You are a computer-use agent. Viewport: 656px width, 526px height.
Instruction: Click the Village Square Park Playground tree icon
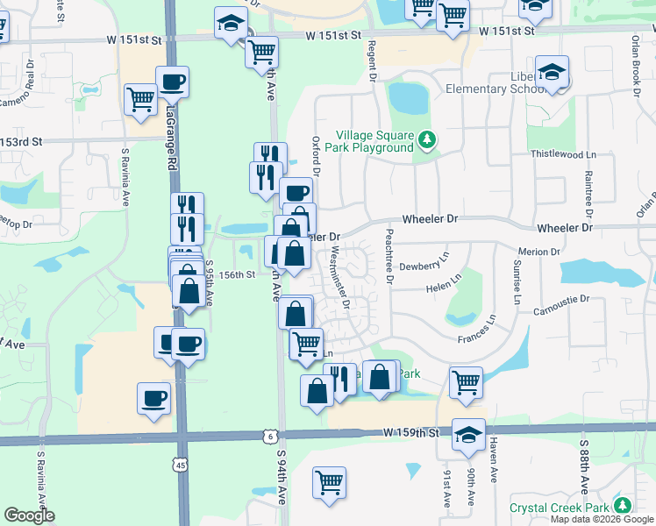tap(427, 140)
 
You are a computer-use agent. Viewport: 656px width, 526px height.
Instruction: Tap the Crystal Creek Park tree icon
tap(623, 506)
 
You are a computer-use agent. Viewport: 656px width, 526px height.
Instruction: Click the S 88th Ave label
tap(583, 466)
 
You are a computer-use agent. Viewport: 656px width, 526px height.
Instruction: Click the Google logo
tap(29, 515)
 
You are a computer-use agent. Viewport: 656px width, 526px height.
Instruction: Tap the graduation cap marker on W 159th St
tap(468, 434)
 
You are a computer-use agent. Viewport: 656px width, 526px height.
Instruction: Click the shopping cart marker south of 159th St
tap(329, 481)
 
